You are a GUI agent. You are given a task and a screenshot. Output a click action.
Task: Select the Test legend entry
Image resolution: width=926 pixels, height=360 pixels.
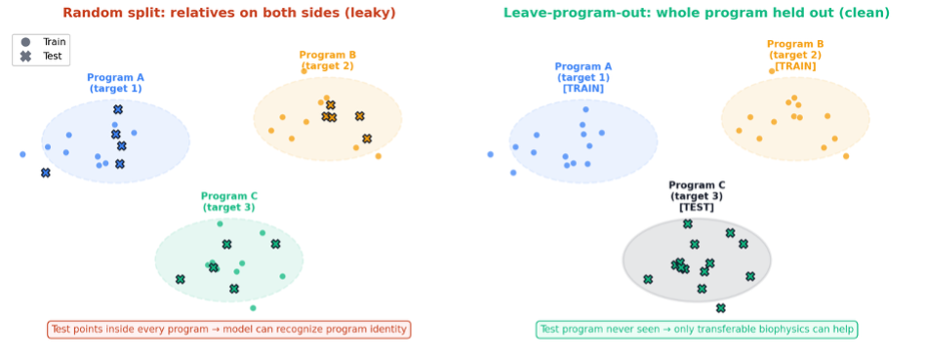pyautogui.click(x=41, y=57)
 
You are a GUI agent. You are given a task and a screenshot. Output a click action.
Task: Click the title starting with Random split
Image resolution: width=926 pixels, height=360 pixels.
pyautogui.click(x=229, y=13)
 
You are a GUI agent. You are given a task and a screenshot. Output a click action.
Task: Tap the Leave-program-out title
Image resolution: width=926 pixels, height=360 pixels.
pyautogui.click(x=697, y=13)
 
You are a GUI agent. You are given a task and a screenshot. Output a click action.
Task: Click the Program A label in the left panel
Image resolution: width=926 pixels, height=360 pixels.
pyautogui.click(x=116, y=83)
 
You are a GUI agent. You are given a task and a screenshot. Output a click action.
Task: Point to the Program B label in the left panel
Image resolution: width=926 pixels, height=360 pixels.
pyautogui.click(x=328, y=60)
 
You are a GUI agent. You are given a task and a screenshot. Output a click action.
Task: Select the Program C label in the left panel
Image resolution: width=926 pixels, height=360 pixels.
pyautogui.click(x=229, y=202)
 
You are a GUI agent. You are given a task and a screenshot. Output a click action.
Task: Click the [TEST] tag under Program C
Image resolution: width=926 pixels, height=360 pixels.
pyautogui.click(x=697, y=208)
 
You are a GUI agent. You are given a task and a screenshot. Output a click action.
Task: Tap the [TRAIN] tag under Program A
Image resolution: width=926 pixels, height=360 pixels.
pyautogui.click(x=584, y=89)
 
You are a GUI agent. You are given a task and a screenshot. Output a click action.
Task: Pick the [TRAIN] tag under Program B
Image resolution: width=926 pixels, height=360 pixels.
pyautogui.click(x=795, y=66)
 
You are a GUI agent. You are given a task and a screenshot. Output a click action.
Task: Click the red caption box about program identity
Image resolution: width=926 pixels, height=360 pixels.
pyautogui.click(x=229, y=330)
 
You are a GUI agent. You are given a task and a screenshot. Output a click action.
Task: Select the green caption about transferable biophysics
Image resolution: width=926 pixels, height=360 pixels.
pyautogui.click(x=697, y=330)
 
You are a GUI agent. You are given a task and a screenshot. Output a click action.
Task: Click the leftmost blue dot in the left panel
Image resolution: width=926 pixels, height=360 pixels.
pyautogui.click(x=22, y=154)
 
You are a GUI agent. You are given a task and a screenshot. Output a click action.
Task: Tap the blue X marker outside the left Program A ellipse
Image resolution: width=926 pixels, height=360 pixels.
pyautogui.click(x=46, y=173)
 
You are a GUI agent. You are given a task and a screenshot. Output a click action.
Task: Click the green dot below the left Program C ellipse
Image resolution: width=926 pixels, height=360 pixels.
pyautogui.click(x=253, y=308)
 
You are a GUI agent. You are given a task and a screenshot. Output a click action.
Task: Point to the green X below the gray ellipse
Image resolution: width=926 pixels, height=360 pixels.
pyautogui.click(x=720, y=308)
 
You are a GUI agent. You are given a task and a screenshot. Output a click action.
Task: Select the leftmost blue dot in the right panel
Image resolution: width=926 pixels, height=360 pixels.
pyautogui.click(x=490, y=154)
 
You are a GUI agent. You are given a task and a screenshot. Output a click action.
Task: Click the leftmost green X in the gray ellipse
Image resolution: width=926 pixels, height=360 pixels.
pyautogui.click(x=648, y=279)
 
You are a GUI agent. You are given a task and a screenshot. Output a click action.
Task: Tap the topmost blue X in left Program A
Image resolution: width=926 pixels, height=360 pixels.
pyautogui.click(x=118, y=110)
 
